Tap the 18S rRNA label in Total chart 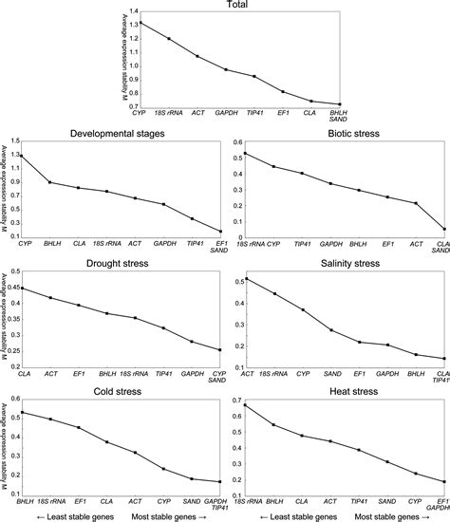[x=169, y=113]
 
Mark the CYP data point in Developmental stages [x=21, y=156]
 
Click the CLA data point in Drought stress [x=21, y=289]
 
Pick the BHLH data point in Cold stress [x=21, y=412]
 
